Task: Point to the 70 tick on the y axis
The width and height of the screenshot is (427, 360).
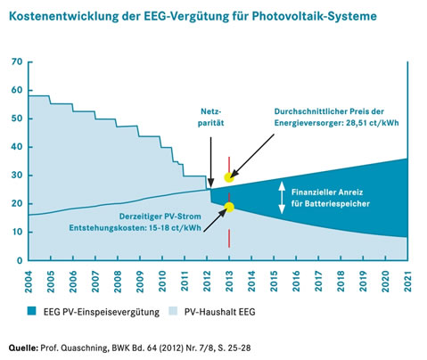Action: tap(15, 61)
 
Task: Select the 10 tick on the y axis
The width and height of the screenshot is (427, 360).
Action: tap(15, 232)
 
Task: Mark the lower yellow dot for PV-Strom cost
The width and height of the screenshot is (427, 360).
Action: tap(229, 207)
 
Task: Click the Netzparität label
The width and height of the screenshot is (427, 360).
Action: tap(209, 120)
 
